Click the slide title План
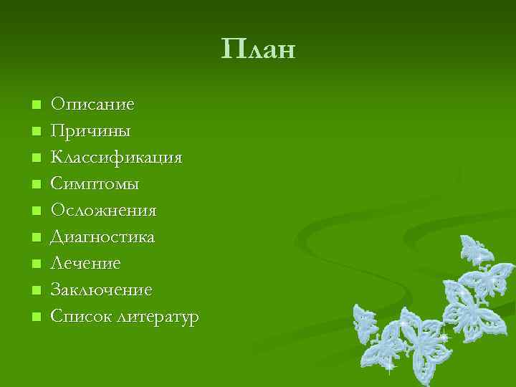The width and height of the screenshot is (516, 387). pos(258,49)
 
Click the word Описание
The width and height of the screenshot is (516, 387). pos(92,105)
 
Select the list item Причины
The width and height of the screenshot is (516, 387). pos(90,131)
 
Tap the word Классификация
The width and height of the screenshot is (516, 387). pos(117,158)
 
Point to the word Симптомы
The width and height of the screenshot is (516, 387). pos(95,184)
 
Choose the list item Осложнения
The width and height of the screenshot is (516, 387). pos(103,211)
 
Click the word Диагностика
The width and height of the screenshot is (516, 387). pos(102,237)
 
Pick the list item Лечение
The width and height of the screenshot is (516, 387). pos(86,264)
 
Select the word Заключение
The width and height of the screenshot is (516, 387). pos(101,290)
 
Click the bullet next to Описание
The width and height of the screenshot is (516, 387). pos(37,105)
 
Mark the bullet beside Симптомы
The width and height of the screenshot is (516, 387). pos(37,185)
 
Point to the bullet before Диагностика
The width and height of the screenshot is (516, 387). pos(37,238)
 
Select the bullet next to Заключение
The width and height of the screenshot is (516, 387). pos(37,291)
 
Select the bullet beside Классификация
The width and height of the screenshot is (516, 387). pos(37,158)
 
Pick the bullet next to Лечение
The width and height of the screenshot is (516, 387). pos(37,264)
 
